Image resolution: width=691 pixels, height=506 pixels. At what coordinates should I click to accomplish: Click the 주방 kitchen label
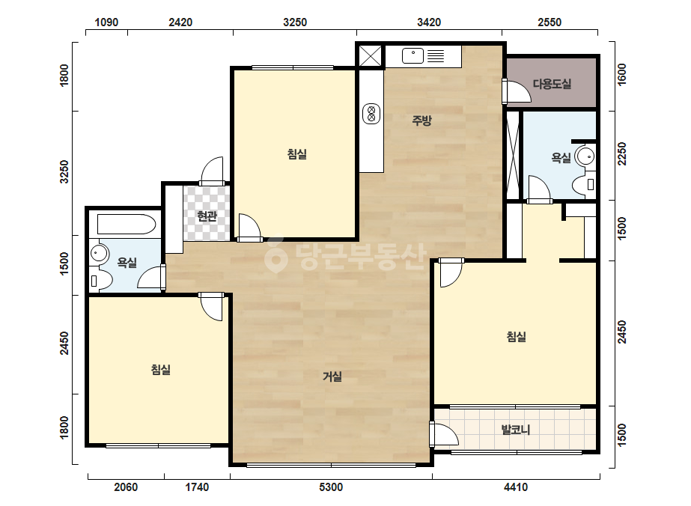click(x=421, y=121)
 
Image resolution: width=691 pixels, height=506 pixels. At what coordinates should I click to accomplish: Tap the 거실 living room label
click(x=332, y=377)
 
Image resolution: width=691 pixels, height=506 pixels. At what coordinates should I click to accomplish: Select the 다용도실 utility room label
click(x=552, y=84)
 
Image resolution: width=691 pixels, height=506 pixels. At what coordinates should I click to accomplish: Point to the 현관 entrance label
click(x=207, y=216)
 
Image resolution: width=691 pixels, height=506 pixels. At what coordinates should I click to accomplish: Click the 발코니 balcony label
click(x=516, y=430)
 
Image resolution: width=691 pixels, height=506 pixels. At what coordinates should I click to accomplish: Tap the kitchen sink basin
click(x=413, y=56)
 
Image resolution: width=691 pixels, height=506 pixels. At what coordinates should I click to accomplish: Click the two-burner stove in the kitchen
click(x=371, y=113)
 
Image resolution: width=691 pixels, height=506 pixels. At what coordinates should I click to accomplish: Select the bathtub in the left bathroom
click(x=127, y=224)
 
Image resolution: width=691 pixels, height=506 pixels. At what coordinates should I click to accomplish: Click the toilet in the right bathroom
click(x=585, y=184)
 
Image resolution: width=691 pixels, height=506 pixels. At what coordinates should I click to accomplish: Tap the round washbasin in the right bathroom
click(x=585, y=156)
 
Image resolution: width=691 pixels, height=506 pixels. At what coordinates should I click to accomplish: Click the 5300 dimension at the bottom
click(x=330, y=487)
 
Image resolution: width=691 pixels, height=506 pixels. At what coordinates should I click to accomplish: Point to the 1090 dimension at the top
click(x=106, y=22)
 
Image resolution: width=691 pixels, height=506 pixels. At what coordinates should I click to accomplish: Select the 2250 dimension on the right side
click(x=622, y=153)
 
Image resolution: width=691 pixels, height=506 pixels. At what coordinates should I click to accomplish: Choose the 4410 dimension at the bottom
click(x=516, y=487)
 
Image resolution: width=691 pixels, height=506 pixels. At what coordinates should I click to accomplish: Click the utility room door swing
click(x=517, y=91)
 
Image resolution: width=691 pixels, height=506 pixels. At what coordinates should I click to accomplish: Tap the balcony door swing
click(x=444, y=435)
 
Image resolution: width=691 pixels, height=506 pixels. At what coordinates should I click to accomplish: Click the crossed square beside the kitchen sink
click(x=370, y=56)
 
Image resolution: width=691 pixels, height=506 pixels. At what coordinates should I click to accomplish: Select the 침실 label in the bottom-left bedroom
click(x=161, y=369)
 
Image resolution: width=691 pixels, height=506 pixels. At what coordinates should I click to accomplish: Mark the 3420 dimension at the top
click(x=429, y=22)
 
